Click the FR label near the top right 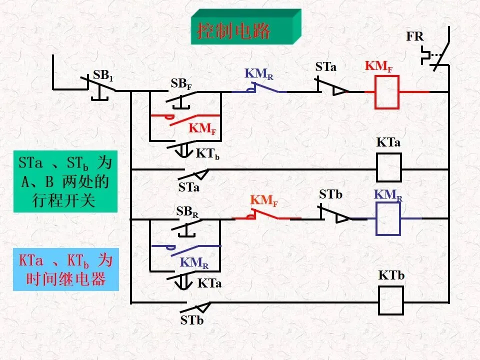(x=415, y=36)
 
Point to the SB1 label (x=103, y=75)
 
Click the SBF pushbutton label (x=181, y=84)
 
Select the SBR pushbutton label (x=187, y=212)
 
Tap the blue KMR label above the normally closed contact (x=259, y=74)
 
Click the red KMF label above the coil (x=378, y=66)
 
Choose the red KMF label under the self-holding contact (x=202, y=128)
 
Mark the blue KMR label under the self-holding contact (x=194, y=263)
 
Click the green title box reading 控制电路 (x=246, y=27)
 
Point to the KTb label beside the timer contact (x=207, y=154)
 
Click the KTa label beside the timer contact (x=209, y=283)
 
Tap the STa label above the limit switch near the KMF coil (x=325, y=66)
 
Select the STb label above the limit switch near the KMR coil (x=330, y=194)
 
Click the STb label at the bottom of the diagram (x=192, y=320)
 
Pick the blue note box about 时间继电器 (x=66, y=269)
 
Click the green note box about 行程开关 (x=65, y=181)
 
